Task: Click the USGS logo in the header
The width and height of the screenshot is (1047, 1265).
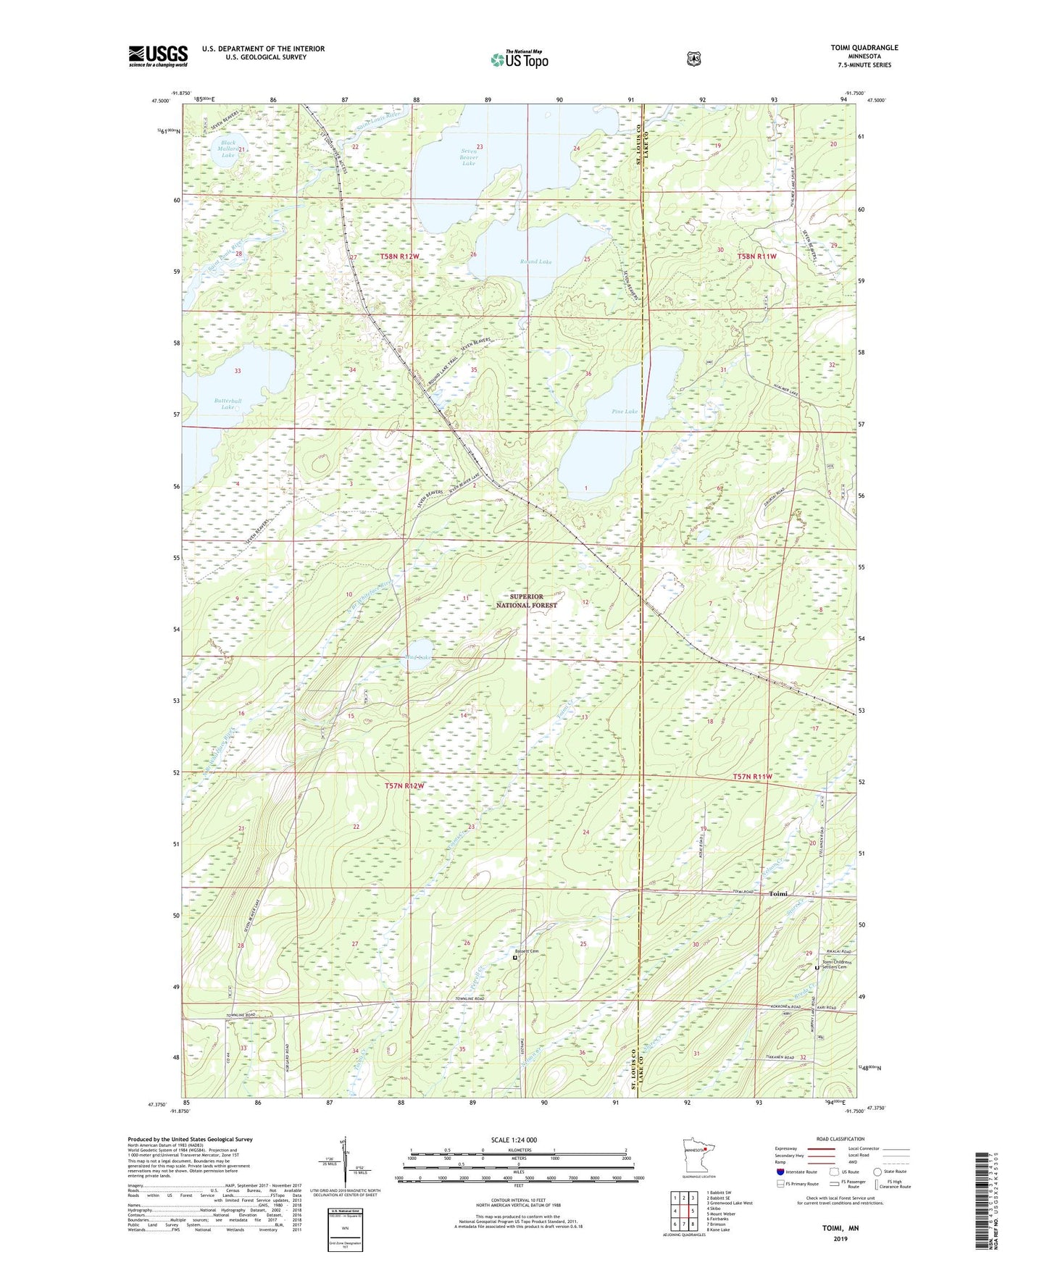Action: point(158,56)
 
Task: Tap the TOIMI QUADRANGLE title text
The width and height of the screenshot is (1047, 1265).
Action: point(864,48)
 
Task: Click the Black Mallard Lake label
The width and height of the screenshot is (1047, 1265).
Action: point(228,149)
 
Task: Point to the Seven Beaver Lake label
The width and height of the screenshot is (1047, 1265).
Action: point(469,157)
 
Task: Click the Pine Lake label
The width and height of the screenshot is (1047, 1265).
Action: point(624,412)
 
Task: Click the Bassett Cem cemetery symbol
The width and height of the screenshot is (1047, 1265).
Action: point(515,958)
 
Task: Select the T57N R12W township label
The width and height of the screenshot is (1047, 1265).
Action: point(404,785)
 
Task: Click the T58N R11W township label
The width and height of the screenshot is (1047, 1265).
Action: point(756,256)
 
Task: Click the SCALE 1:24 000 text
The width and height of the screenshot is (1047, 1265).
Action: point(514,1140)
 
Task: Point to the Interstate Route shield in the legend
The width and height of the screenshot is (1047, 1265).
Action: point(780,1172)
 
